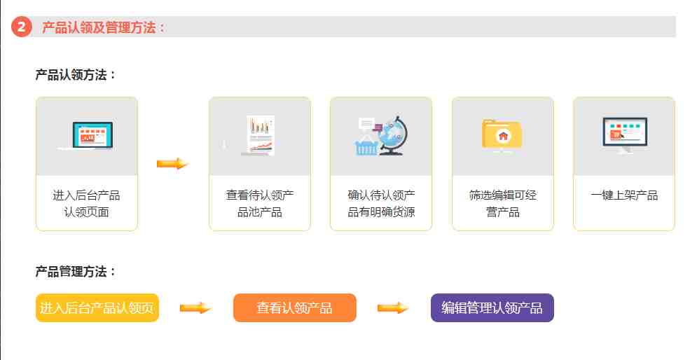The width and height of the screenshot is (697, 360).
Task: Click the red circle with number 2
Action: click(x=21, y=27)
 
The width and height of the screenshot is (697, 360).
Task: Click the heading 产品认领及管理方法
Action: click(x=99, y=27)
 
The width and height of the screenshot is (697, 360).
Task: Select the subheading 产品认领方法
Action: click(x=71, y=75)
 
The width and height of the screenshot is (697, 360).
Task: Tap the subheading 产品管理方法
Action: click(x=71, y=271)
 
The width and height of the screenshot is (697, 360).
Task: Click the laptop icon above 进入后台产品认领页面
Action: click(x=87, y=136)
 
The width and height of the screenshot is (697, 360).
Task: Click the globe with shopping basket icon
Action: click(x=381, y=136)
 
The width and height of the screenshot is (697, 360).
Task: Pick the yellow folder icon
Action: click(x=502, y=134)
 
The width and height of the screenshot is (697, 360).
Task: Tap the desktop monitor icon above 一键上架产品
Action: click(x=625, y=135)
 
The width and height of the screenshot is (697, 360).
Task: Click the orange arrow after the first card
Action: click(x=172, y=164)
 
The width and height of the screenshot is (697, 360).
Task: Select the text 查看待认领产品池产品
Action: click(x=260, y=204)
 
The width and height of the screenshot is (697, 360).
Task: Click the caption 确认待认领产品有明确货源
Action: click(x=381, y=204)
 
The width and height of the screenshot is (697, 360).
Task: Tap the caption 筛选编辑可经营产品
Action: click(x=503, y=204)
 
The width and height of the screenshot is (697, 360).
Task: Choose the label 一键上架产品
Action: click(x=624, y=195)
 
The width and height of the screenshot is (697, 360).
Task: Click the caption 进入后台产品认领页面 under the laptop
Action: click(x=86, y=204)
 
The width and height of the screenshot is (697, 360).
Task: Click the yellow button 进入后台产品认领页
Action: click(x=97, y=307)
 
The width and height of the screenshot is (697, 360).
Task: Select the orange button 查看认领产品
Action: click(x=295, y=307)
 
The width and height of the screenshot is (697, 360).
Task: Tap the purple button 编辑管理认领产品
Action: click(x=492, y=307)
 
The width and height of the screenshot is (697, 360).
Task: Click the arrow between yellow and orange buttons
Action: click(x=195, y=307)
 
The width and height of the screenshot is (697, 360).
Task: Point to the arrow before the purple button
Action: click(x=393, y=307)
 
